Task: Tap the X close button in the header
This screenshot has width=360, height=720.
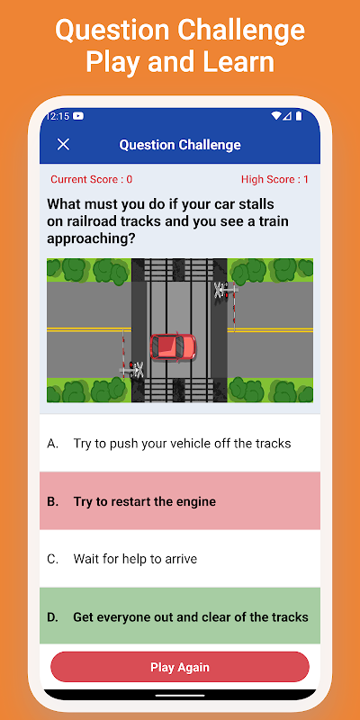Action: (x=63, y=144)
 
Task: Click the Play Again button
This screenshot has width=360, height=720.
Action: (x=180, y=667)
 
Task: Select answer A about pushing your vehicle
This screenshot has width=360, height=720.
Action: (x=180, y=443)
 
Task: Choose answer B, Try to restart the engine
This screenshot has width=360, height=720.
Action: (x=180, y=501)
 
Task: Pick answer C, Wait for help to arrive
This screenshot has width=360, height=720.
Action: (x=180, y=559)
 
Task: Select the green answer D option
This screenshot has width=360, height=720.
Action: (x=180, y=616)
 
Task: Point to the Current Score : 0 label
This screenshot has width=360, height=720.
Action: (x=92, y=179)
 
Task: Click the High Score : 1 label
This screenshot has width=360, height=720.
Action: (x=274, y=179)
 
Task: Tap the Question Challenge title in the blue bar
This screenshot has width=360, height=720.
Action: (x=180, y=145)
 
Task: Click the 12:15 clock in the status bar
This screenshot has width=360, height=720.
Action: (x=58, y=116)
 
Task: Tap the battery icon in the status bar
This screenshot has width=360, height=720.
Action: (x=299, y=116)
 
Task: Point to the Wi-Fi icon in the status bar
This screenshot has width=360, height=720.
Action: (x=276, y=116)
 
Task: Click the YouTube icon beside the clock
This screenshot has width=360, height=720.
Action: (x=78, y=116)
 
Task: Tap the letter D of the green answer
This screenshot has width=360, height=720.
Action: (x=52, y=617)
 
